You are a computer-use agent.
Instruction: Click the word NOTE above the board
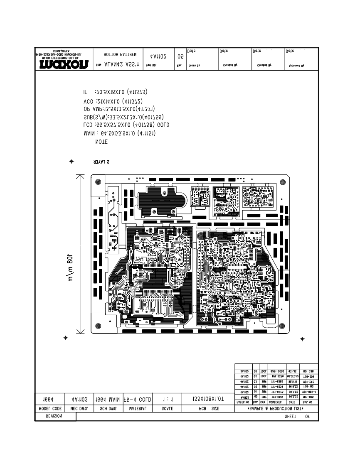(x=102, y=142)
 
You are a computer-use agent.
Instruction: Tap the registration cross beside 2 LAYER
(x=72, y=161)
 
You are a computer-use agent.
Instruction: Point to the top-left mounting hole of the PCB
(x=98, y=181)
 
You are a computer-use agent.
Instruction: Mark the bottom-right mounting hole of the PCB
(x=283, y=325)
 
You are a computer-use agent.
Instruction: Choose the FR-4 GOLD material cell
(x=137, y=399)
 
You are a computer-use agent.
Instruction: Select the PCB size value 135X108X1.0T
(x=208, y=399)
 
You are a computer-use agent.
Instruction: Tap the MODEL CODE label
(x=49, y=409)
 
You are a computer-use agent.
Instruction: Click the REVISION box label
(x=55, y=416)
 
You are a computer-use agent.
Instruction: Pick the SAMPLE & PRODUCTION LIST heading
(x=276, y=409)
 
